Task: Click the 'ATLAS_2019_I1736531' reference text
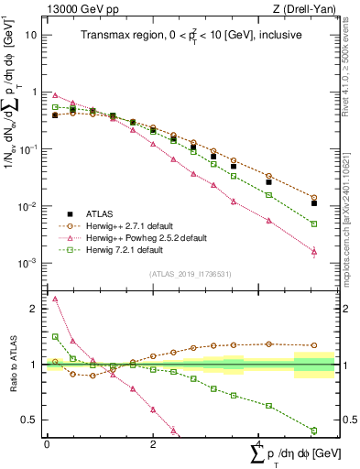[191, 274]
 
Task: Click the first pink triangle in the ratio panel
[55, 299]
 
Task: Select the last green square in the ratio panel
[314, 431]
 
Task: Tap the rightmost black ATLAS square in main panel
[314, 203]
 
